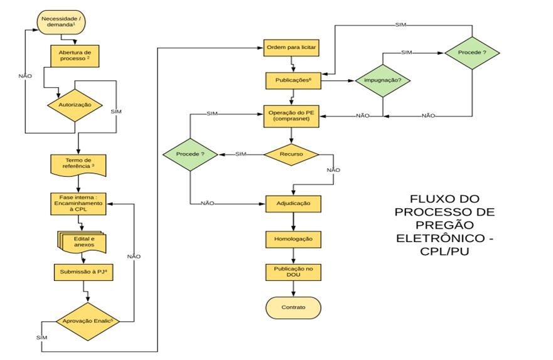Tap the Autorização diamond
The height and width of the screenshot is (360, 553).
[75, 106]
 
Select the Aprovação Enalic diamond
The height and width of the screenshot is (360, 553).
[88, 320]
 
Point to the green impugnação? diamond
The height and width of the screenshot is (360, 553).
[382, 81]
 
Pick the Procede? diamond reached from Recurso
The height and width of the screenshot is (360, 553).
[190, 154]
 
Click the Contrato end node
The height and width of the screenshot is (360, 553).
[293, 308]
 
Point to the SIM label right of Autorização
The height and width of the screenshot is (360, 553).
[116, 111]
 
